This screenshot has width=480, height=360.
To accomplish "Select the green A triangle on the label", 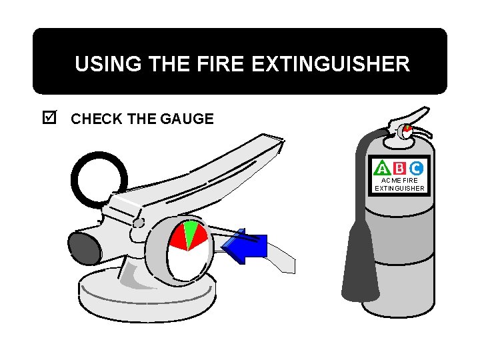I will [x=383, y=168].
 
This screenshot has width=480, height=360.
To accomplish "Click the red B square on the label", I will [x=399, y=168].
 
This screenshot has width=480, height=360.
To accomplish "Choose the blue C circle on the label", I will [x=416, y=168].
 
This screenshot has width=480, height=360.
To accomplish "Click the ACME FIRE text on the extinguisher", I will [x=399, y=180].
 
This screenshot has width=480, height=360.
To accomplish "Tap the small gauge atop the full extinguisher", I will [x=407, y=131].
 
